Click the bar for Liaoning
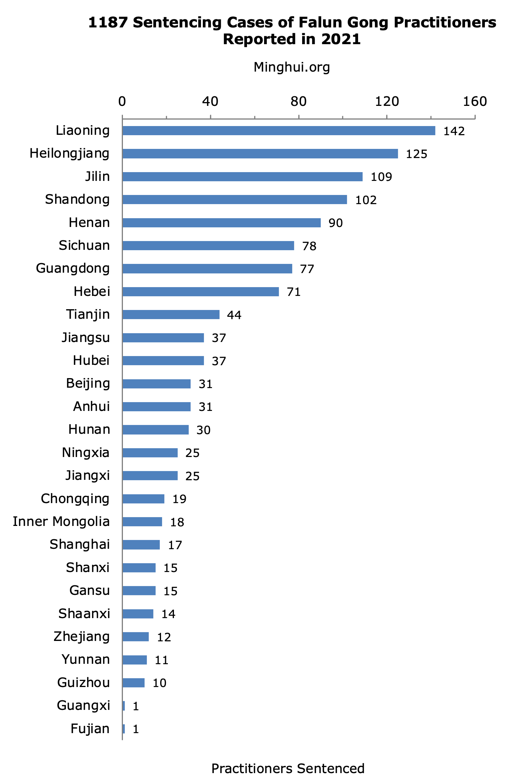[x=279, y=131]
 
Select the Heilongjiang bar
[x=260, y=154]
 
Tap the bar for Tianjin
[x=171, y=315]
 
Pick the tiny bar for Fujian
[x=124, y=729]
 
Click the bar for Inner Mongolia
[x=142, y=522]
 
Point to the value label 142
[x=454, y=131]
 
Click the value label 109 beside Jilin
[x=381, y=177]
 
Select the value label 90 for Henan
[x=336, y=223]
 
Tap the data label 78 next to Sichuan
[x=309, y=246]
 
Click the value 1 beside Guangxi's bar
[x=135, y=706]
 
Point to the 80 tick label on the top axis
[x=298, y=101]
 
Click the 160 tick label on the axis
[x=475, y=101]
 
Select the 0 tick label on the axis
[x=122, y=101]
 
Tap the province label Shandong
[x=77, y=200]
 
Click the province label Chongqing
[x=75, y=499]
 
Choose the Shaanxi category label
[x=84, y=614]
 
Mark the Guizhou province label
[x=83, y=682]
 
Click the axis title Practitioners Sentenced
[x=288, y=769]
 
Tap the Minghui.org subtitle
[x=292, y=67]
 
